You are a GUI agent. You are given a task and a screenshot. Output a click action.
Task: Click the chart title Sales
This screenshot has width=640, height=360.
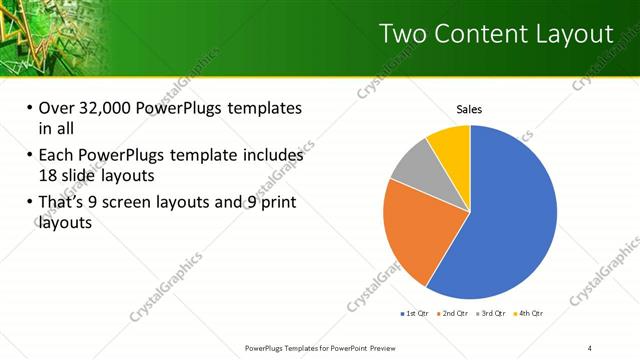click(470, 109)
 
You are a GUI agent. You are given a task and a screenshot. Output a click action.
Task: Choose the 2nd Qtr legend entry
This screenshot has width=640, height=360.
click(453, 313)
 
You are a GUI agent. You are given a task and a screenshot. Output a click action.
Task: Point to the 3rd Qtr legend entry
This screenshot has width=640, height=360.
click(490, 313)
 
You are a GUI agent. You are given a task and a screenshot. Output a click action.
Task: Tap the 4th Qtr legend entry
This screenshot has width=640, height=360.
click(527, 313)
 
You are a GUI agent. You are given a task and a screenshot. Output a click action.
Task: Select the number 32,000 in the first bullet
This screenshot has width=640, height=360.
click(109, 109)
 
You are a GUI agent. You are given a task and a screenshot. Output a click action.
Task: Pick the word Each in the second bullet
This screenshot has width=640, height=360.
click(56, 155)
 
